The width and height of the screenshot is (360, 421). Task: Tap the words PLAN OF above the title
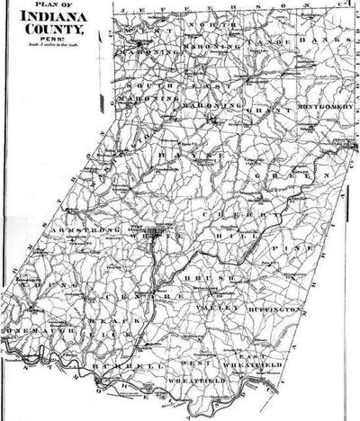point(43,5)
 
